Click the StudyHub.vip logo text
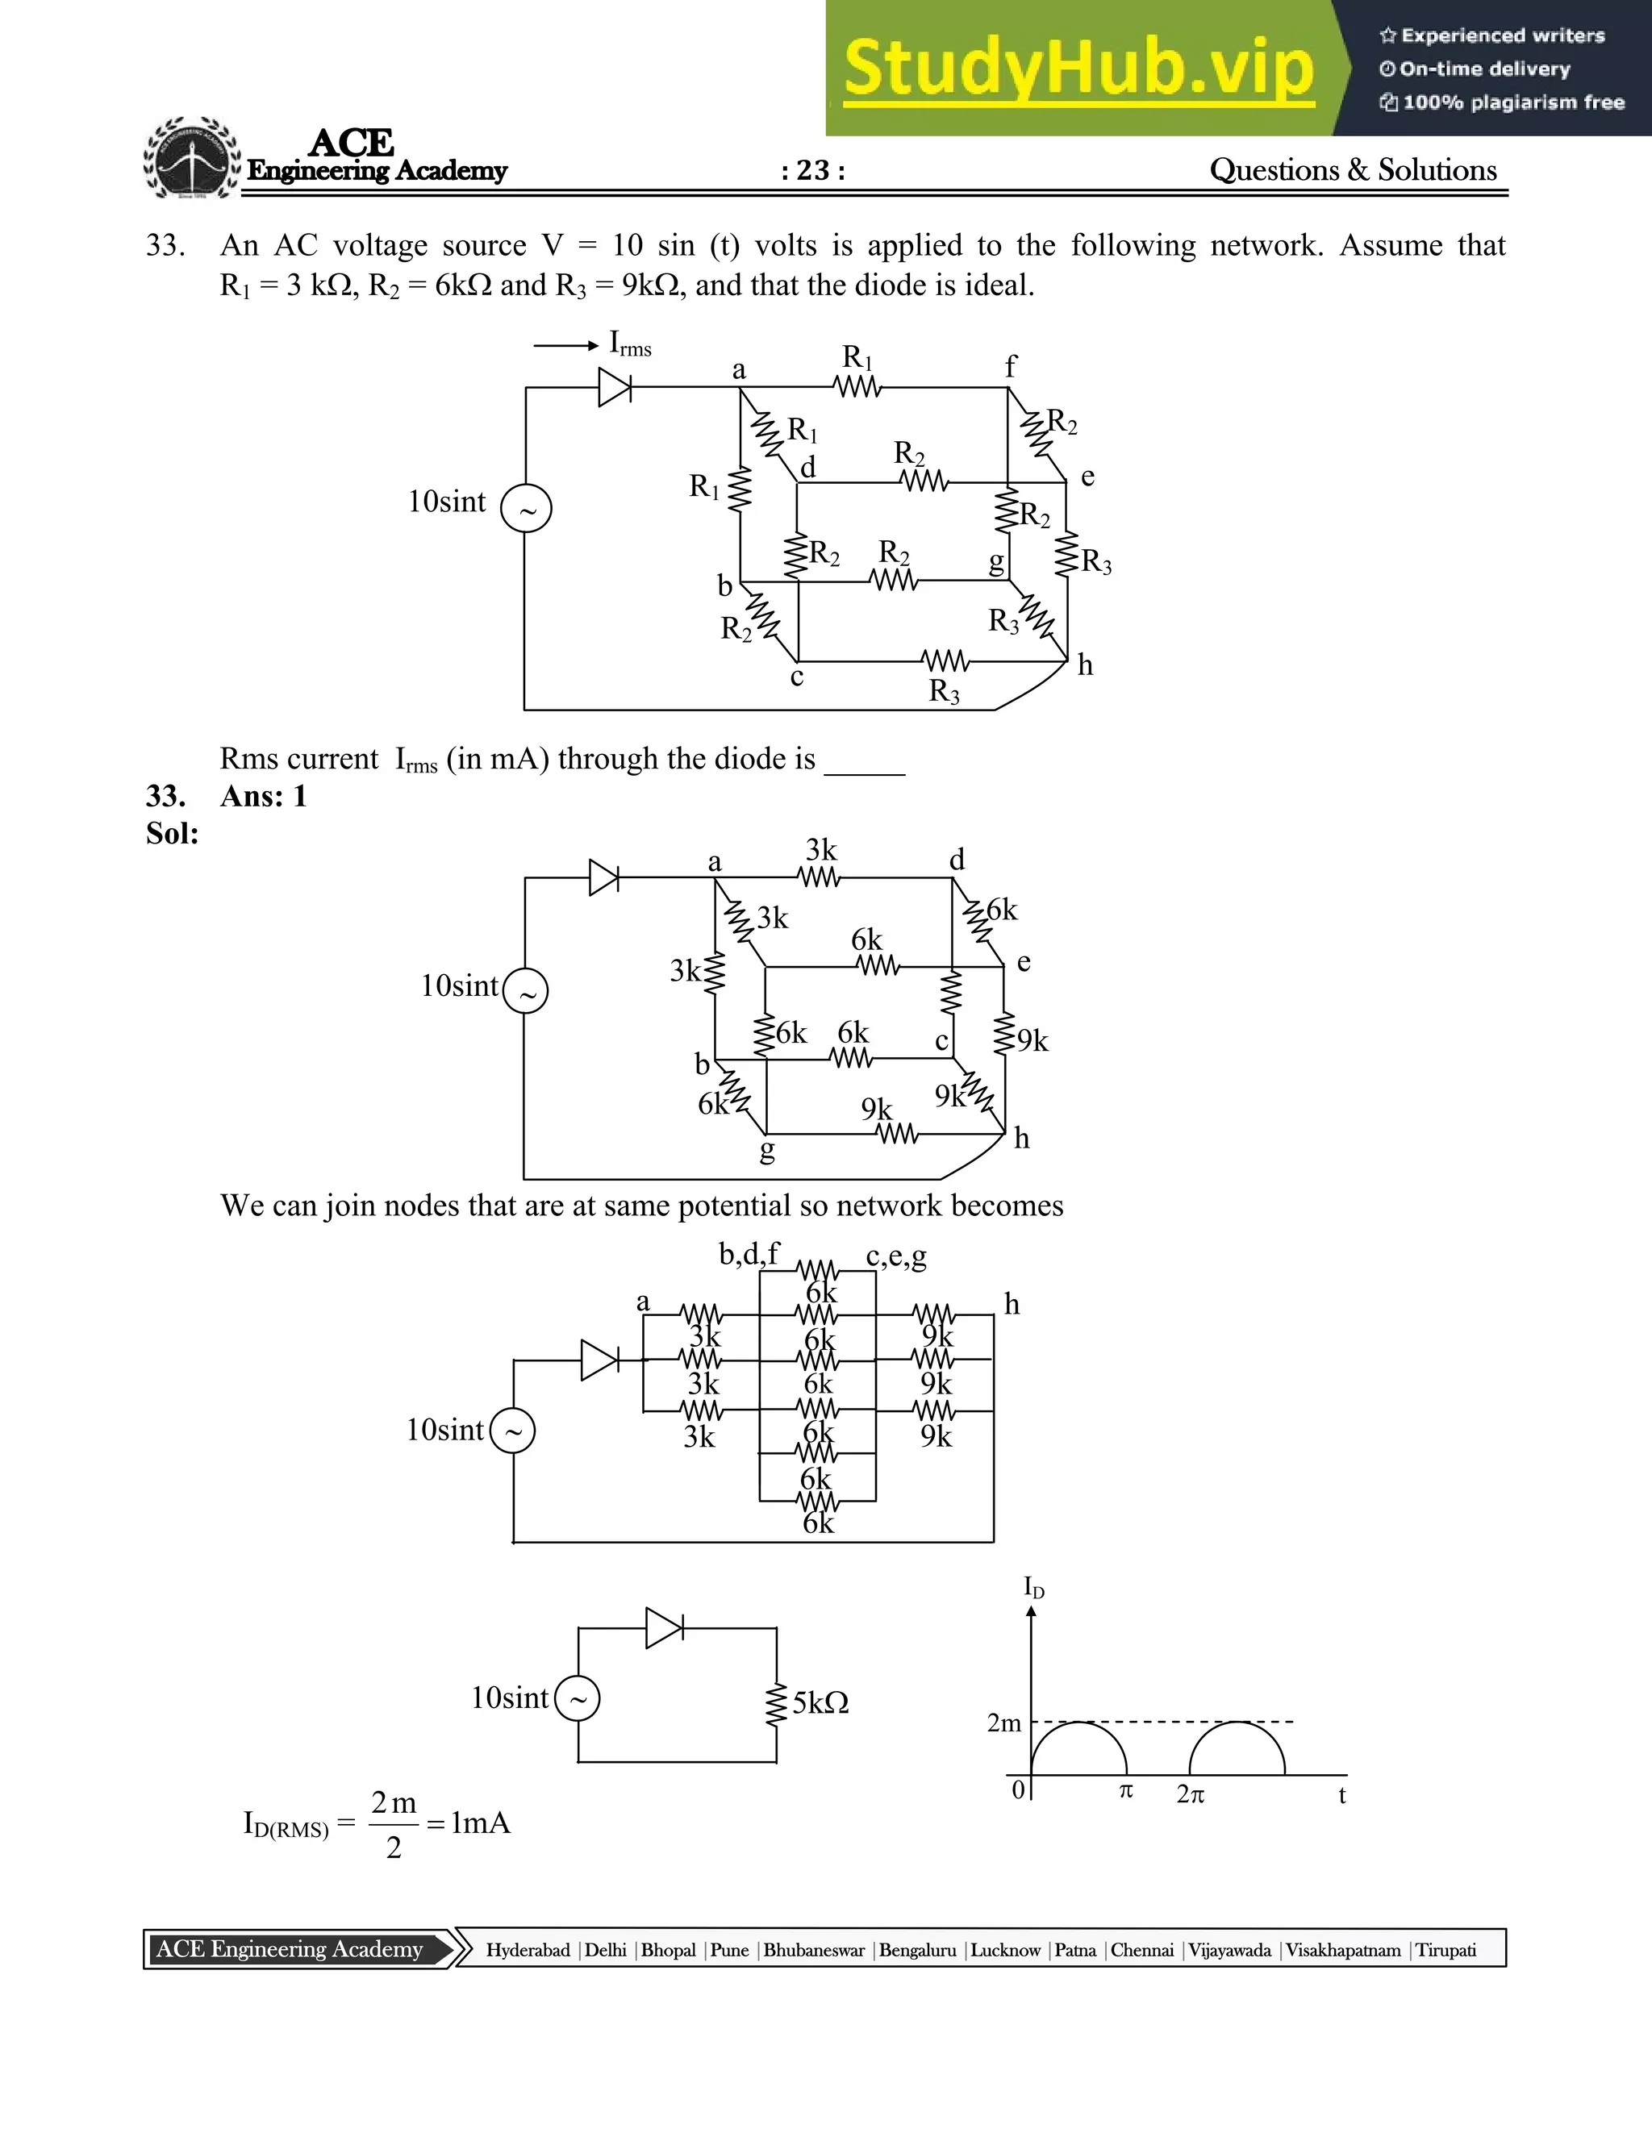[x=1078, y=69]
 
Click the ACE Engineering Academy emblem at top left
[x=191, y=160]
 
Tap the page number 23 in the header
[x=813, y=170]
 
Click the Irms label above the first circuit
[x=629, y=344]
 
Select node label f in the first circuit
[x=1011, y=367]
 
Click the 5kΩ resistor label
[x=820, y=1703]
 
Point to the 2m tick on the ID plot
[x=1004, y=1723]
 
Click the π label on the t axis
[x=1125, y=1790]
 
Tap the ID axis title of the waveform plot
[x=1033, y=1587]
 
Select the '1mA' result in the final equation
[x=481, y=1823]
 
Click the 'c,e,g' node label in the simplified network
[x=895, y=1256]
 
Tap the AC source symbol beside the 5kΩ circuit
[x=578, y=1700]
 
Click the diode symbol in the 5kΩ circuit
[x=665, y=1628]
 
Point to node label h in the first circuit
[x=1084, y=666]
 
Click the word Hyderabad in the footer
[x=528, y=1950]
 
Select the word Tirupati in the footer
[x=1445, y=1950]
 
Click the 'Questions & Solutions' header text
[x=1353, y=170]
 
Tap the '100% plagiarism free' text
[x=1513, y=102]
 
